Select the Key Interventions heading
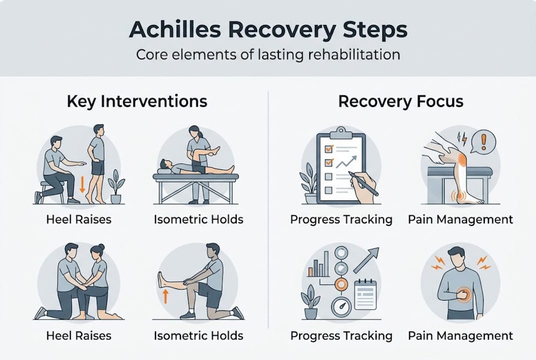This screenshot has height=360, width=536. tap(136, 101)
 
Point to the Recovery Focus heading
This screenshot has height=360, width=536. tap(401, 101)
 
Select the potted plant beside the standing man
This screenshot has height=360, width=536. tap(116, 186)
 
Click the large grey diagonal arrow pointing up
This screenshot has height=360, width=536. tap(366, 260)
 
